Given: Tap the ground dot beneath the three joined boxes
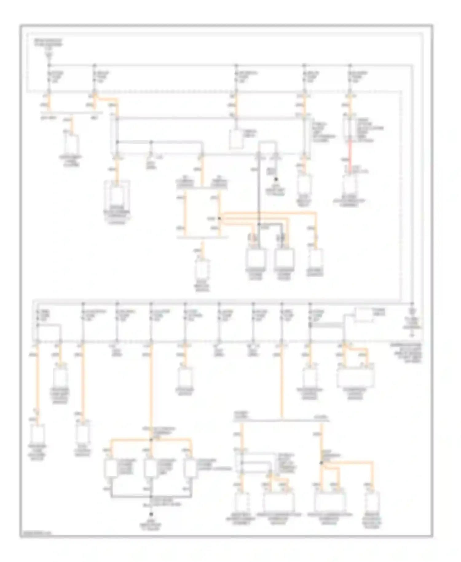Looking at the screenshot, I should click(x=151, y=514).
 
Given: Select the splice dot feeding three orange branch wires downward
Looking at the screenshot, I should click(x=151, y=440).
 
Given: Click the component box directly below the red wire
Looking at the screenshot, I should click(x=350, y=185).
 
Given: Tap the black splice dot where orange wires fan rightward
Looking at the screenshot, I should click(x=219, y=219).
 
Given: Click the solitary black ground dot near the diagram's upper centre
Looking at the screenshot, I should click(x=276, y=179).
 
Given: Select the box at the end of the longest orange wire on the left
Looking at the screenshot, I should click(x=37, y=434).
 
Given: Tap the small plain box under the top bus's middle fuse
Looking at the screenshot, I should click(x=237, y=139).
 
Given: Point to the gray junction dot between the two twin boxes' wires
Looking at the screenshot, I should click(x=259, y=224).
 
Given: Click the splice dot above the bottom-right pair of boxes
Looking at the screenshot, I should click(x=321, y=463).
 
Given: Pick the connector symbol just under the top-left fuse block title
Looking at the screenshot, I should click(x=49, y=55).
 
